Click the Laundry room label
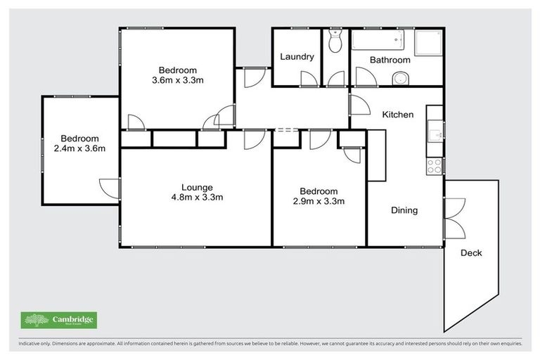pyautogui.click(x=297, y=57)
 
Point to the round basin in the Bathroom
pyautogui.click(x=401, y=77)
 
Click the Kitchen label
pyautogui.click(x=397, y=115)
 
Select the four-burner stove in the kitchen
pyautogui.click(x=435, y=167)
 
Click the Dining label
pyautogui.click(x=404, y=210)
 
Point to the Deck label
pyautogui.click(x=471, y=253)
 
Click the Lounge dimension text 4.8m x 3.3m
pyautogui.click(x=196, y=198)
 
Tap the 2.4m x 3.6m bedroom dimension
pyautogui.click(x=79, y=149)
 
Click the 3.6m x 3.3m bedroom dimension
pyautogui.click(x=177, y=80)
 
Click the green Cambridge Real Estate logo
pyautogui.click(x=59, y=321)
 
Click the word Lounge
pyautogui.click(x=197, y=187)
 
